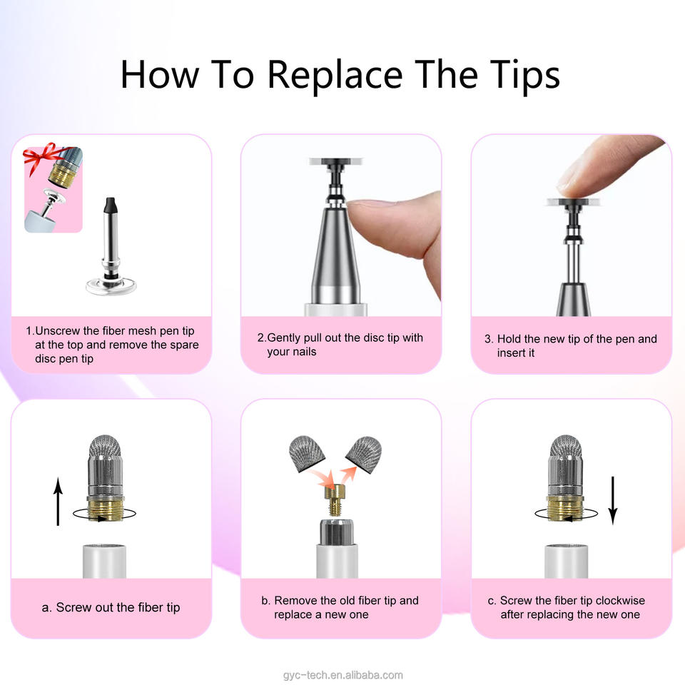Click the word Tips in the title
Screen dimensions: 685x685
coord(524,75)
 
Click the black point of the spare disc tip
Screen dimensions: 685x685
coord(111,205)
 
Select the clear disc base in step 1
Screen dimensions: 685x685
coord(111,286)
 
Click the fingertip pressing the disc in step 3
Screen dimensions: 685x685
coord(581,183)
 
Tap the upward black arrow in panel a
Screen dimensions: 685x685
coord(58,502)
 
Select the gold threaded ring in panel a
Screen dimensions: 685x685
coord(106,509)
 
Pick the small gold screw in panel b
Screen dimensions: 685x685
coord(335,500)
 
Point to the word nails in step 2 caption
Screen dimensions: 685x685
coord(304,352)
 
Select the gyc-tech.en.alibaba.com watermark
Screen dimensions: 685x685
coord(343,675)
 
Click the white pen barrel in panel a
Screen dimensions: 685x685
coord(104,562)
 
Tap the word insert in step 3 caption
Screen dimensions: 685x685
coord(515,352)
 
